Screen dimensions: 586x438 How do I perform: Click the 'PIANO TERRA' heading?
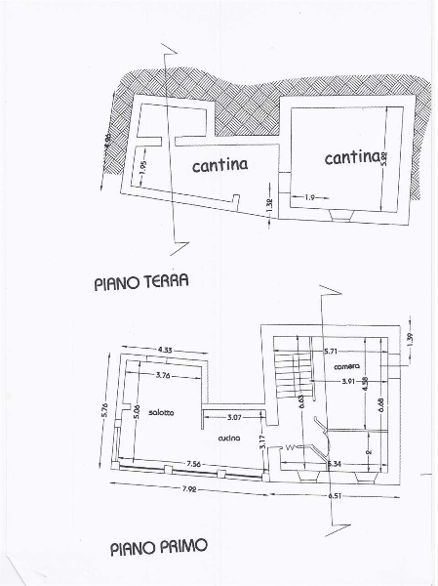click(140, 283)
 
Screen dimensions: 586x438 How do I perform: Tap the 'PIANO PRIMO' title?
click(158, 548)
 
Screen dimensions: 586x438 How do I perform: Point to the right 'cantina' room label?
click(352, 157)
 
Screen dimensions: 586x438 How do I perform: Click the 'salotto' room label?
click(162, 412)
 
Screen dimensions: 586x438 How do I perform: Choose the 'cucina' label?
click(229, 439)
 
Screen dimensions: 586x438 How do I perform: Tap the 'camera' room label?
click(346, 366)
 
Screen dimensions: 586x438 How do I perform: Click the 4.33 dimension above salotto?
click(162, 351)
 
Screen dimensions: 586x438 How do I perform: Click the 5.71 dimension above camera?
click(331, 349)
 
